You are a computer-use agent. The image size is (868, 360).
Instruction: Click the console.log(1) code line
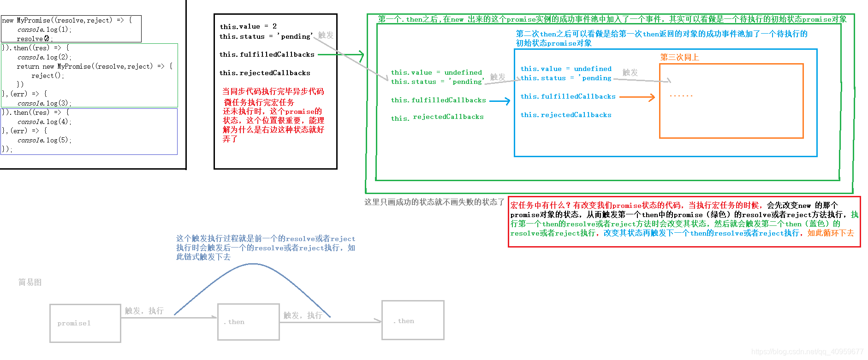click(x=44, y=30)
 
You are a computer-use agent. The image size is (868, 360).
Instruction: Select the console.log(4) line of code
click(x=44, y=122)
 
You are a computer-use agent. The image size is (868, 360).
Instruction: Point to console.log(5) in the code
click(x=44, y=140)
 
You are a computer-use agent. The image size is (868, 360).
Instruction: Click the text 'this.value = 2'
click(x=248, y=26)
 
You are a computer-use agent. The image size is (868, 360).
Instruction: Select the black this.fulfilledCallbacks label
click(x=267, y=54)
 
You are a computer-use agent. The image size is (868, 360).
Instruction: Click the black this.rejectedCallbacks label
click(x=265, y=73)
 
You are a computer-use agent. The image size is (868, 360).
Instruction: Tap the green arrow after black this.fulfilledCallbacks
click(x=341, y=55)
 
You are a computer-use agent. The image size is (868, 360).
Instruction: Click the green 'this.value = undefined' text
click(x=436, y=72)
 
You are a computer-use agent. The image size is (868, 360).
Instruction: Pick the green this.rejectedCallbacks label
click(x=437, y=118)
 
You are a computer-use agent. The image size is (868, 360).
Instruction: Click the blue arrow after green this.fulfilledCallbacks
click(x=499, y=100)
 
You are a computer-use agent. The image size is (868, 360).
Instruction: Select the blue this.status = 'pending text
click(x=566, y=78)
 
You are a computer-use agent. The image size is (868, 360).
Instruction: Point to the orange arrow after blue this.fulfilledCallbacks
click(x=637, y=97)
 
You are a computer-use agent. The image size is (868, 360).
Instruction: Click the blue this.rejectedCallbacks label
click(x=566, y=115)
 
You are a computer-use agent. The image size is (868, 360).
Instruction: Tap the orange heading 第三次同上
click(x=679, y=57)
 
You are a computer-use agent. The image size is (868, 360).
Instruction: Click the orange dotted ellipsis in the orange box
click(x=681, y=96)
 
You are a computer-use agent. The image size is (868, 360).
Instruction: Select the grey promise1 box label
click(x=74, y=323)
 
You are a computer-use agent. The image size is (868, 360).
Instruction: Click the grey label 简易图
click(x=30, y=282)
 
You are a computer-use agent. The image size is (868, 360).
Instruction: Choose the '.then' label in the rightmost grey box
click(x=404, y=321)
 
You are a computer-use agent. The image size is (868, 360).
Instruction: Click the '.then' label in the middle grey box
click(x=234, y=322)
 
